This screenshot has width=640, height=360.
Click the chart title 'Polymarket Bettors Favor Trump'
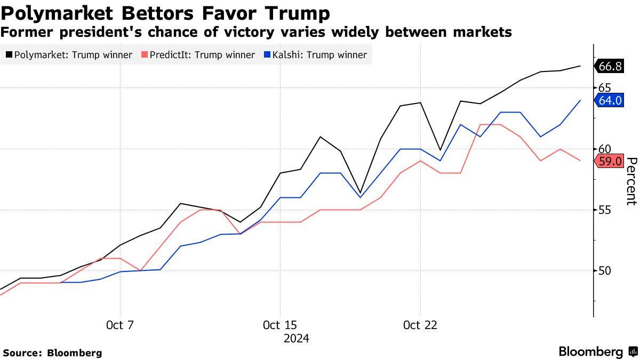(165, 12)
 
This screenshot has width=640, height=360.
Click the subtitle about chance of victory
(256, 33)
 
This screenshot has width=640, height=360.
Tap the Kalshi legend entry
(315, 55)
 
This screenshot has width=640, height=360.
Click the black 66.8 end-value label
(610, 66)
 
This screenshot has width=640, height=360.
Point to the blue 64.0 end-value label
(610, 100)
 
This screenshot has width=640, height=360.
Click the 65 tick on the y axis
(604, 87)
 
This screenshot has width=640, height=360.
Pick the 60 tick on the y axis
(604, 149)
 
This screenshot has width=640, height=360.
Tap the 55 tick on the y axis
(604, 210)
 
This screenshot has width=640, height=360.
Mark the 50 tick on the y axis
(604, 271)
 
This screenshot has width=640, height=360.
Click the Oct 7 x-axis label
(120, 325)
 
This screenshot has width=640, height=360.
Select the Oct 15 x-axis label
(279, 325)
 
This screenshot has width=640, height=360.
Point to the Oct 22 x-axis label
(420, 325)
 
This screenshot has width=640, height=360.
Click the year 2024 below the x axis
(296, 339)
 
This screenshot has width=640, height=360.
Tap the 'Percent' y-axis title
(631, 181)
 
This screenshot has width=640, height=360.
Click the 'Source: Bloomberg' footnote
(52, 353)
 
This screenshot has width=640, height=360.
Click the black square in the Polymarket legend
(9, 55)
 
